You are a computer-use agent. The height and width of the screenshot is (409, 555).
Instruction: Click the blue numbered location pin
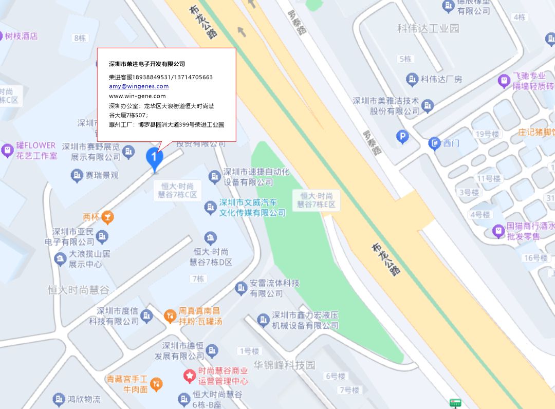[x=154, y=158]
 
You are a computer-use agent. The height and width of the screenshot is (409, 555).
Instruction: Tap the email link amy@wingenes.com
[x=139, y=86]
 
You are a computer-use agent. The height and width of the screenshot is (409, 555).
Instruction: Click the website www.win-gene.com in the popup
[x=137, y=96]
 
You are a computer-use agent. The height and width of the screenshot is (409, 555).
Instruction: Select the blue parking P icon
[x=403, y=136]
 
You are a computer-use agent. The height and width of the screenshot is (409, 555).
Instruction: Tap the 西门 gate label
[x=451, y=143]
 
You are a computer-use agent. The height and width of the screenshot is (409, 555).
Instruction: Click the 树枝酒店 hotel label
[x=21, y=36]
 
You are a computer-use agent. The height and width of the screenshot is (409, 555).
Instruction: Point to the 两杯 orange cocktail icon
[x=107, y=217]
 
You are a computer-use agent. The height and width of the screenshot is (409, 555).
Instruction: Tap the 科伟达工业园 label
[x=428, y=28]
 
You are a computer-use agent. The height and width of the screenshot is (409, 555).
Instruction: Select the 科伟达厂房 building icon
[x=412, y=79]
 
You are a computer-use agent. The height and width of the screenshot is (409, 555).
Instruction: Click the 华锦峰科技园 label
[x=284, y=365]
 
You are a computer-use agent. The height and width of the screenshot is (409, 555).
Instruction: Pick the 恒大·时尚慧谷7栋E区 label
[x=316, y=200]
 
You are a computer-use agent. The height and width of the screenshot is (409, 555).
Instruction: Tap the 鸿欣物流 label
[x=84, y=399]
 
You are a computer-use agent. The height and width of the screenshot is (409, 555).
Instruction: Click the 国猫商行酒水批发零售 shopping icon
[x=498, y=231]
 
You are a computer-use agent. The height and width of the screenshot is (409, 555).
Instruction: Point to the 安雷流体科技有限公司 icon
[x=240, y=288]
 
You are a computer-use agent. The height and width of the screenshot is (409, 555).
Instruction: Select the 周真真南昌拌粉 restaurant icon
[x=170, y=316]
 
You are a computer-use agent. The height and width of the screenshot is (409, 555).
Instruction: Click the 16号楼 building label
[x=535, y=257]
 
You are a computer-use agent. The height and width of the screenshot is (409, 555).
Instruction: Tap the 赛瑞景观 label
[x=101, y=175]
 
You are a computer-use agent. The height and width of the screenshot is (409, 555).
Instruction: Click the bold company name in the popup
[x=146, y=64]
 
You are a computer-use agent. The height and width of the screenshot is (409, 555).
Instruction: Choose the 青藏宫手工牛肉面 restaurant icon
[x=157, y=383]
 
